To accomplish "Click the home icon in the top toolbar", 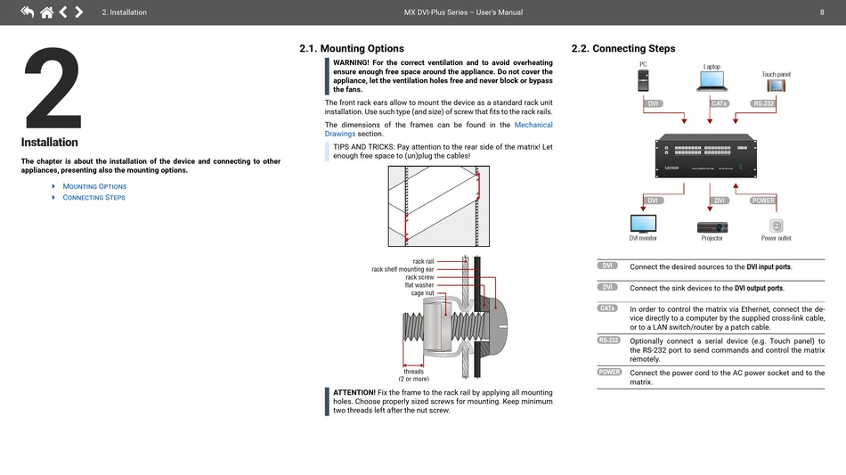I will [x=46, y=12].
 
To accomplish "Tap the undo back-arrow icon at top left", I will [x=27, y=12].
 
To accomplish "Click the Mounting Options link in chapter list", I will [x=94, y=186].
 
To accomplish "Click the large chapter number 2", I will [x=53, y=89].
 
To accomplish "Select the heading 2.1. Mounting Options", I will [x=352, y=48].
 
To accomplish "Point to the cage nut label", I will [x=422, y=293].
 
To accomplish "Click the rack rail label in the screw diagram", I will [x=423, y=261].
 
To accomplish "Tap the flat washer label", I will [x=419, y=285].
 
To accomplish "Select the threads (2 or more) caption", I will [x=413, y=374].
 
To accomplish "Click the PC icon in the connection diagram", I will [x=643, y=81].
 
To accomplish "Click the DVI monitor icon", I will [x=643, y=223].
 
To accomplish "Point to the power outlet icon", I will [x=776, y=225].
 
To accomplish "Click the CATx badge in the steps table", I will [x=608, y=308].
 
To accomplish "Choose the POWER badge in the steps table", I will [x=609, y=372].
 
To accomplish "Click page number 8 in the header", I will [x=821, y=12].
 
